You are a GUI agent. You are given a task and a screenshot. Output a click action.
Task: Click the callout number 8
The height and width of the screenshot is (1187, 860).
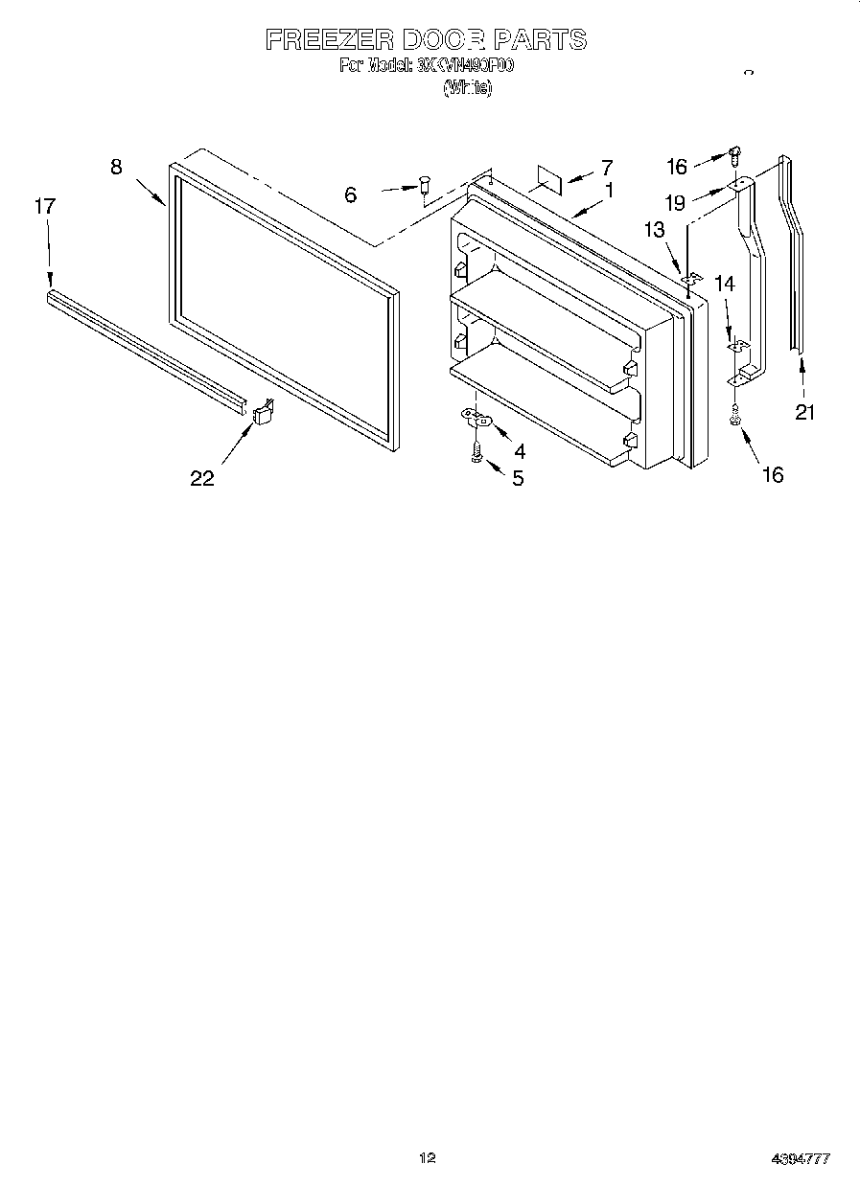click(116, 167)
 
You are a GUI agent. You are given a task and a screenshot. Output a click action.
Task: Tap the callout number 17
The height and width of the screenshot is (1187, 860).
click(44, 205)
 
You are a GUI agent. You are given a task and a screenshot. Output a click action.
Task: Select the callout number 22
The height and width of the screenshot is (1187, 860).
click(202, 478)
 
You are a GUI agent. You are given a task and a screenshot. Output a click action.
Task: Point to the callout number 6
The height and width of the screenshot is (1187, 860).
click(351, 194)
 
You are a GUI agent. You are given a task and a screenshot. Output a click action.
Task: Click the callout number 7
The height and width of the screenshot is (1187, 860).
click(606, 168)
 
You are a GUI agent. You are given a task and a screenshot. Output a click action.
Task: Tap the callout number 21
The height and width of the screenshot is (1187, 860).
click(805, 413)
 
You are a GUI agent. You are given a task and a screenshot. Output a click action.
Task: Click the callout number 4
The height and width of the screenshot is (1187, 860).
click(519, 450)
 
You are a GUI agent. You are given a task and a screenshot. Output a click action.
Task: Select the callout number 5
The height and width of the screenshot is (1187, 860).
click(518, 478)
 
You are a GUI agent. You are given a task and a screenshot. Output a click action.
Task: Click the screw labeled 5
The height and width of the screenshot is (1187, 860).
click(476, 451)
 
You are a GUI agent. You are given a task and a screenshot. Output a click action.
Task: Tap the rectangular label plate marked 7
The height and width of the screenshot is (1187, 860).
click(548, 175)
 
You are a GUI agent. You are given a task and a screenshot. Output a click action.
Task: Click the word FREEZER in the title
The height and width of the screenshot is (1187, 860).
click(328, 40)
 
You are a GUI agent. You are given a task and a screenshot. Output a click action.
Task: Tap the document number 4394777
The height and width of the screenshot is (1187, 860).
click(801, 1159)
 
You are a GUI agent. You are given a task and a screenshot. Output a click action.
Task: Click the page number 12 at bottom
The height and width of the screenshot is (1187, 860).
click(429, 1158)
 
